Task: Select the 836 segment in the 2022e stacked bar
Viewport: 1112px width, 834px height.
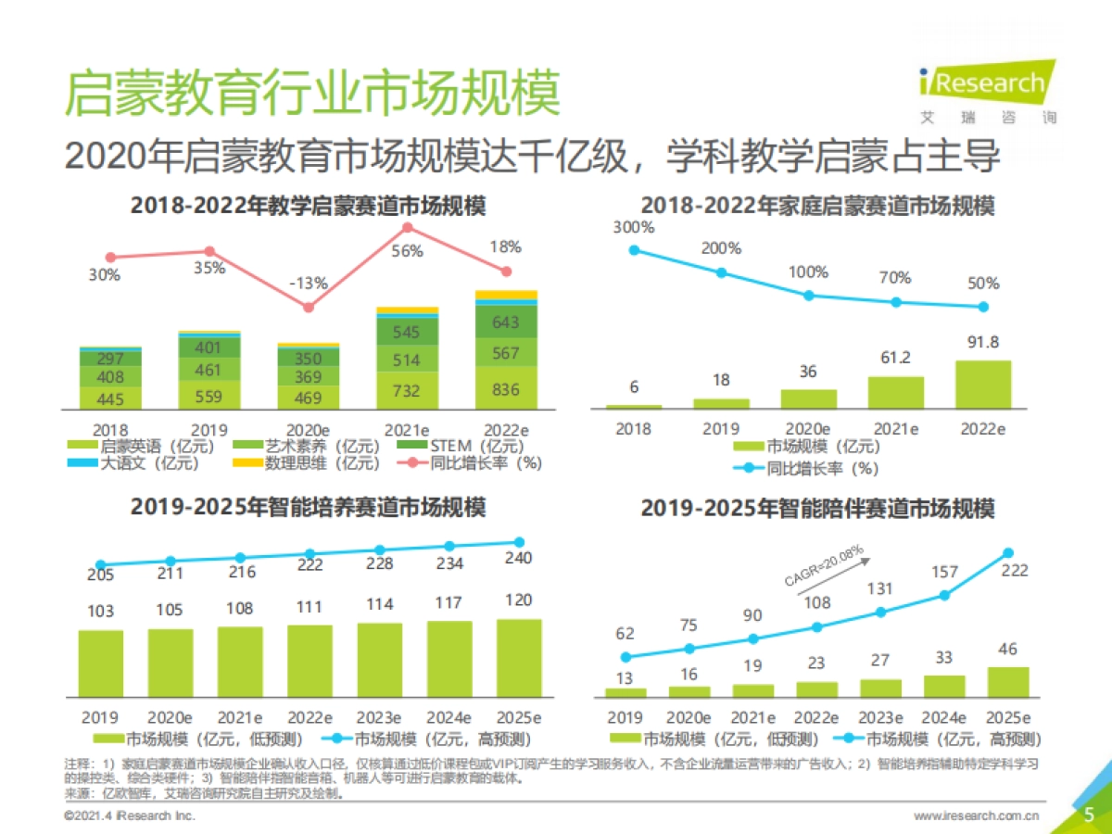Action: coord(506,389)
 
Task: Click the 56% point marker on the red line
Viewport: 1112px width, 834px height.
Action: coord(408,228)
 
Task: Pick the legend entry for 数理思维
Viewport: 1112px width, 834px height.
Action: coord(304,463)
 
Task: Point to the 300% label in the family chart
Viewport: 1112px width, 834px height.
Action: coord(634,227)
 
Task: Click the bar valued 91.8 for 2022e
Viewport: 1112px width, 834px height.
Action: coord(983,385)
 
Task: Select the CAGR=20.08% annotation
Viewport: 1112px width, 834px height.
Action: coord(823,567)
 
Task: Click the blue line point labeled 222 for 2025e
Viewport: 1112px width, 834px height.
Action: coord(1008,553)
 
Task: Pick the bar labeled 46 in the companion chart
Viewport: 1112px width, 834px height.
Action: coord(1008,682)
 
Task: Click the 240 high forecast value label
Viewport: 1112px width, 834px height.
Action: coord(519,559)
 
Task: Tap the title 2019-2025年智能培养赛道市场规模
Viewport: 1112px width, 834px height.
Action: coord(308,508)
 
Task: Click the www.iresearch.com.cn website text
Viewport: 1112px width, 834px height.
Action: coord(976,815)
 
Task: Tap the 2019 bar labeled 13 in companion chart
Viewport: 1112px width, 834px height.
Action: coord(625,692)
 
